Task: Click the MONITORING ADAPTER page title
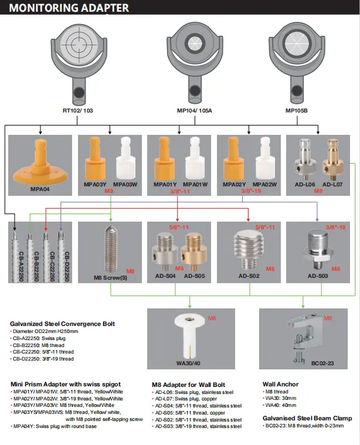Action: (69, 8)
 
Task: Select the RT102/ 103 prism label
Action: (77, 110)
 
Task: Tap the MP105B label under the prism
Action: (298, 110)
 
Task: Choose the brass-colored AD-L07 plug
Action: (328, 158)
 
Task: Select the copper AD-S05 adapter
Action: (193, 250)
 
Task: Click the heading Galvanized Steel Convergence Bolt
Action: (62, 324)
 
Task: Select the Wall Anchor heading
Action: (280, 384)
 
